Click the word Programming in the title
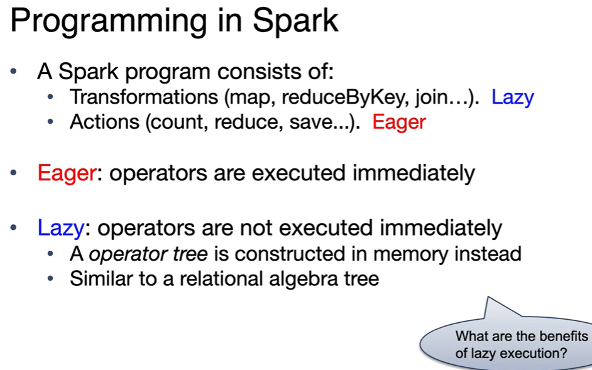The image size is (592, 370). tap(109, 22)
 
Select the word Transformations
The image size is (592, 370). tap(144, 97)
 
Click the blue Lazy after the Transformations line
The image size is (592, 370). tap(512, 98)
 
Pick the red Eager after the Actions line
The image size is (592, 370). tap(399, 122)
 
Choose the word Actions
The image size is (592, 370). tap(104, 122)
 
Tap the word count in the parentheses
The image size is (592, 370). tap(180, 122)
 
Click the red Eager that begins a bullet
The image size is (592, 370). tap(67, 173)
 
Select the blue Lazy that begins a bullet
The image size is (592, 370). tap(61, 228)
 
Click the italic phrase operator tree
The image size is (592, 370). tap(148, 254)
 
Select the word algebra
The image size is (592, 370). tap(304, 280)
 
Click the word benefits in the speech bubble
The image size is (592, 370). tap(565, 335)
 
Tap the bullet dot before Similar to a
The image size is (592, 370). tap(50, 279)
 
